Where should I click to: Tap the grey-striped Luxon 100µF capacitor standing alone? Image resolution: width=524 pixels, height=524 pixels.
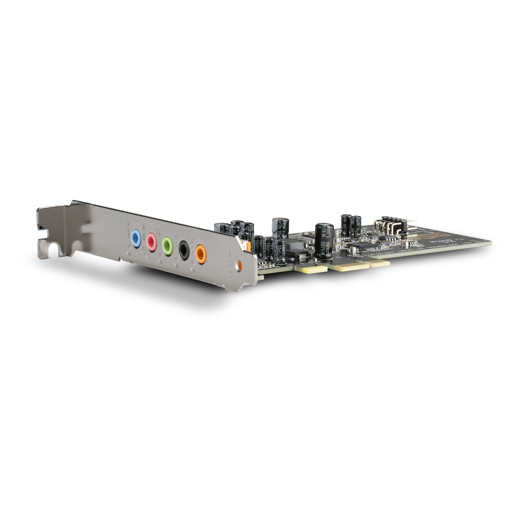[281, 229]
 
